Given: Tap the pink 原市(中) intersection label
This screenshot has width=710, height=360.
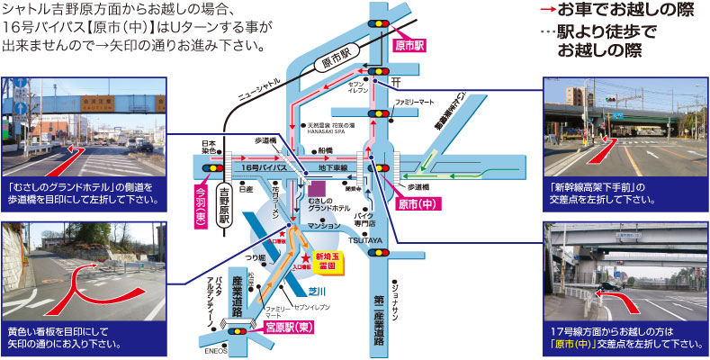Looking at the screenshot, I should coord(412,205).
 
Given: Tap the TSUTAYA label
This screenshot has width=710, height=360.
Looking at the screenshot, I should coord(378,239).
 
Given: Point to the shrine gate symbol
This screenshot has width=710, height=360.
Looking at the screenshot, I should coord(395,82).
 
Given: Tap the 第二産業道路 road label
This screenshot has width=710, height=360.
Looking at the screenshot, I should coord(379,315).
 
